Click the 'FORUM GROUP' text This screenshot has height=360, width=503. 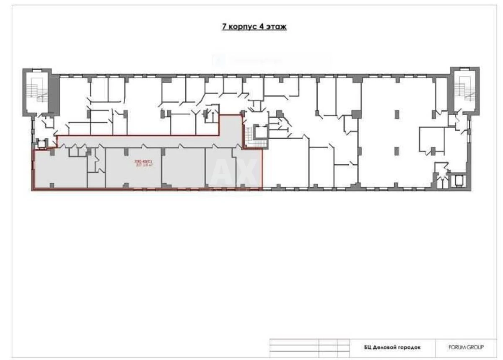(466, 347)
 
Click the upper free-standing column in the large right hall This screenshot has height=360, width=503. (397, 114)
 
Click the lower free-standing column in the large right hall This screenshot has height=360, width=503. (397, 150)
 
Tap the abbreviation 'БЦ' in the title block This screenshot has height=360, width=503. (368, 347)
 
